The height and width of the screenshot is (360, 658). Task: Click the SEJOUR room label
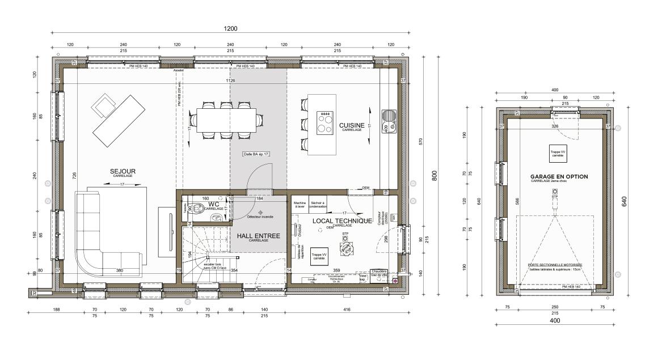click(123, 171)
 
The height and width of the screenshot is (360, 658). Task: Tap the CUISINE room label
click(352, 125)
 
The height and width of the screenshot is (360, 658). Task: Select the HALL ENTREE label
click(258, 235)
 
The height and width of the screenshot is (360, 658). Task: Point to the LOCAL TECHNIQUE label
click(341, 221)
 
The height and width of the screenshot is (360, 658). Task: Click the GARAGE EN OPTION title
click(559, 176)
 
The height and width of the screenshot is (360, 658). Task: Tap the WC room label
click(213, 204)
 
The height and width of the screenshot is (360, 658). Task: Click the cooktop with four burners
click(325, 122)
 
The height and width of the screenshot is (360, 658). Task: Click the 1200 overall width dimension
click(230, 28)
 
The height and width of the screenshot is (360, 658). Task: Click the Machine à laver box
click(300, 204)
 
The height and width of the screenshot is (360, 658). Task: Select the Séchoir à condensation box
click(318, 204)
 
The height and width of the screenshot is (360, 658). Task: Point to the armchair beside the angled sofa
click(104, 104)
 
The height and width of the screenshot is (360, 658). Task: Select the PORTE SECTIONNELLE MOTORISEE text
click(555, 265)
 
